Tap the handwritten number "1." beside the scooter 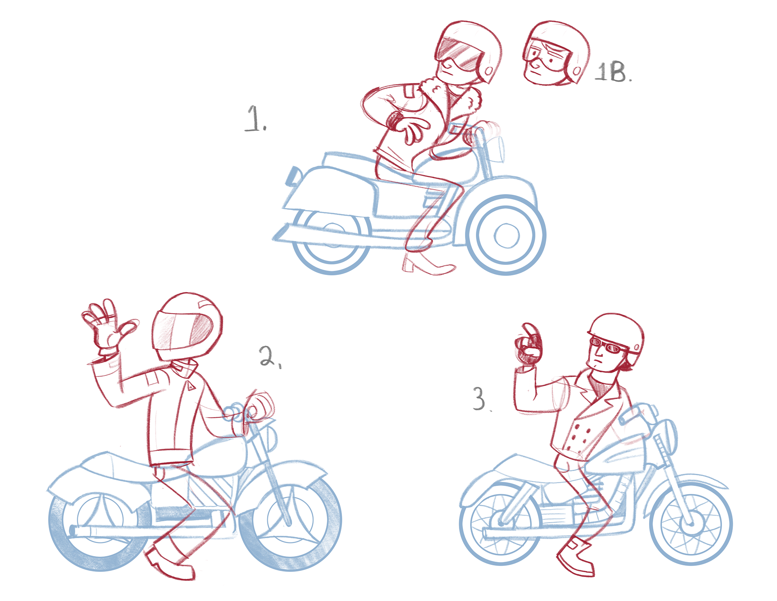point(255,119)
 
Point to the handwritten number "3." point(482,399)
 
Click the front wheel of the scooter point(506,235)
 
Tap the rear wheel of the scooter point(331,243)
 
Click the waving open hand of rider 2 point(107,324)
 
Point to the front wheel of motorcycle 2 point(290,522)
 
